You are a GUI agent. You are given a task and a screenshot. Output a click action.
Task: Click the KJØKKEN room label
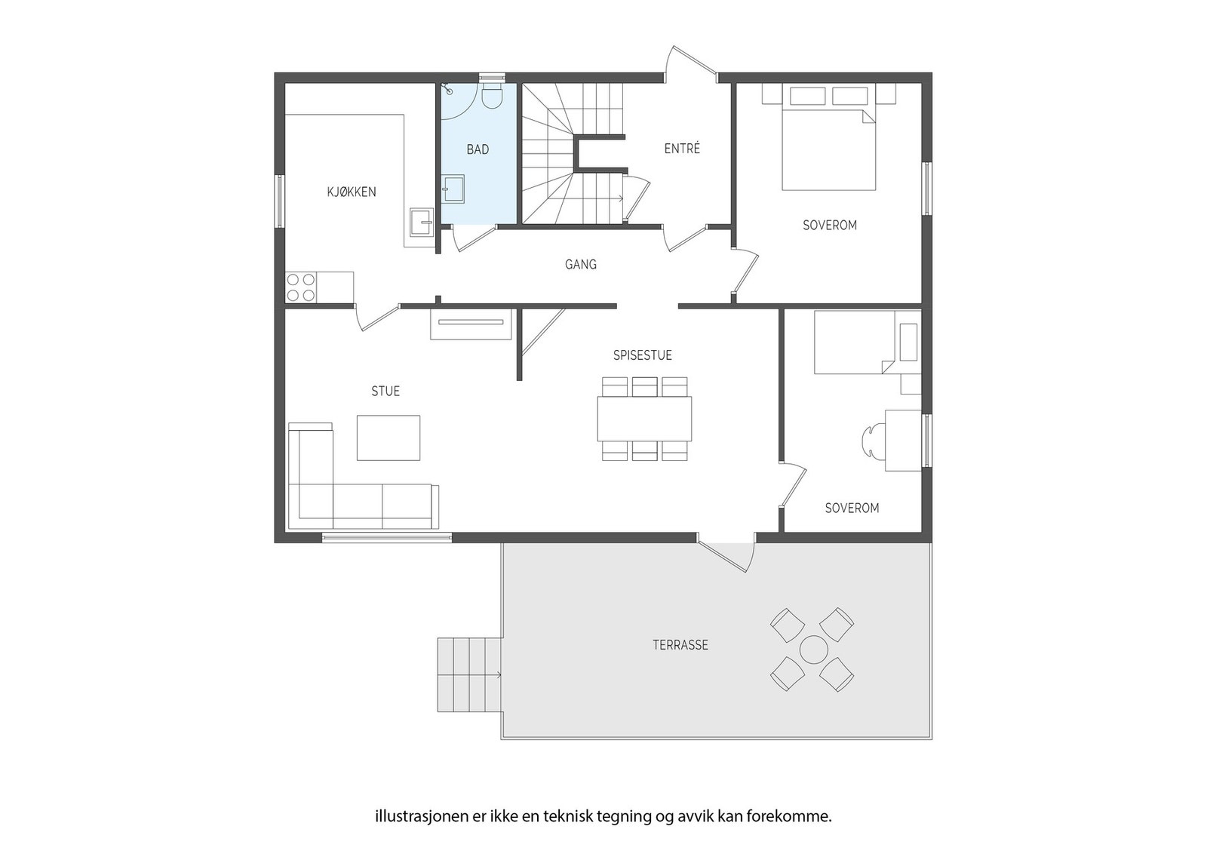(x=351, y=192)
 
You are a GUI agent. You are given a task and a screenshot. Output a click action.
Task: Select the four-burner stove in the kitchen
(x=300, y=287)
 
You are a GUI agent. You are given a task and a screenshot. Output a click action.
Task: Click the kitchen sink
(x=419, y=222)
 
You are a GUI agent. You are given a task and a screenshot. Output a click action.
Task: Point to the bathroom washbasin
(x=453, y=189)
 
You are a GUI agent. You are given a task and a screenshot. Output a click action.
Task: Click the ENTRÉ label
(x=682, y=149)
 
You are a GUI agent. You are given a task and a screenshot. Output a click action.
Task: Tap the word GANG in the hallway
(x=580, y=264)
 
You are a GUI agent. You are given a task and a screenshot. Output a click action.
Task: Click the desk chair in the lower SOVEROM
(x=871, y=440)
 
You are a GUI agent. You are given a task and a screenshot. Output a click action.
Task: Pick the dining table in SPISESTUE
(x=644, y=419)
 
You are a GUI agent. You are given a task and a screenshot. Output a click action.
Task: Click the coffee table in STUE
(x=388, y=438)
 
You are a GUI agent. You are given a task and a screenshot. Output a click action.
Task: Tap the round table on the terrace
(x=813, y=650)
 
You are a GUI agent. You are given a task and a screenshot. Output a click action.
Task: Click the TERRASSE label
(x=680, y=645)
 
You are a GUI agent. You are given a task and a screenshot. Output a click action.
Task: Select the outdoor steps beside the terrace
(x=469, y=674)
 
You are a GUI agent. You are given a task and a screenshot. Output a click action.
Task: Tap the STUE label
(x=385, y=391)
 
